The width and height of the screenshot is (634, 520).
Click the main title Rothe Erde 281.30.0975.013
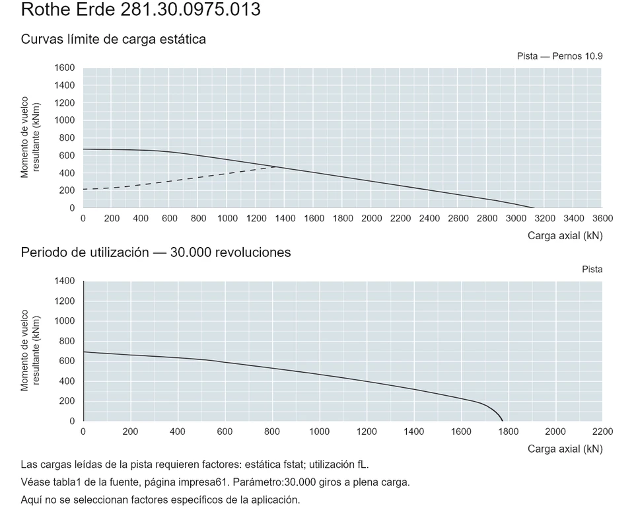click(141, 10)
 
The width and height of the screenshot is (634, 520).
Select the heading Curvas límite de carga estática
click(113, 39)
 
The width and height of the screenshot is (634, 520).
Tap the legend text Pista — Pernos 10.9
click(559, 56)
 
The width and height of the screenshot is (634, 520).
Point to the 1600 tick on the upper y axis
click(65, 67)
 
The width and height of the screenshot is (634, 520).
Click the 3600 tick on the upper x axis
click(602, 219)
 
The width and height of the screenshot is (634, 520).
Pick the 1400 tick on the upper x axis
click(285, 219)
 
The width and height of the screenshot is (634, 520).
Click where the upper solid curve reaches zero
click(534, 207)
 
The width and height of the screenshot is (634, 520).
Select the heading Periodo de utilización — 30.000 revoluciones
click(156, 252)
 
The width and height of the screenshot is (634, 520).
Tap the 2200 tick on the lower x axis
click(602, 431)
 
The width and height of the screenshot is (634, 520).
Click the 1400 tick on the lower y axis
click(65, 281)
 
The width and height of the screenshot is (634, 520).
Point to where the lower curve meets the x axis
click(503, 421)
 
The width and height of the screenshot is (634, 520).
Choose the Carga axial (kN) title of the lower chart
click(565, 449)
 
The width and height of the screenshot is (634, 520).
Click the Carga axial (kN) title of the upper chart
click(565, 235)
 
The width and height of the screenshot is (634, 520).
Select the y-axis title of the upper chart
click(30, 137)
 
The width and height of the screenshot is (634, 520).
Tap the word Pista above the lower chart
click(592, 270)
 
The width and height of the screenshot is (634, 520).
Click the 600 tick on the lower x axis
click(225, 431)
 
